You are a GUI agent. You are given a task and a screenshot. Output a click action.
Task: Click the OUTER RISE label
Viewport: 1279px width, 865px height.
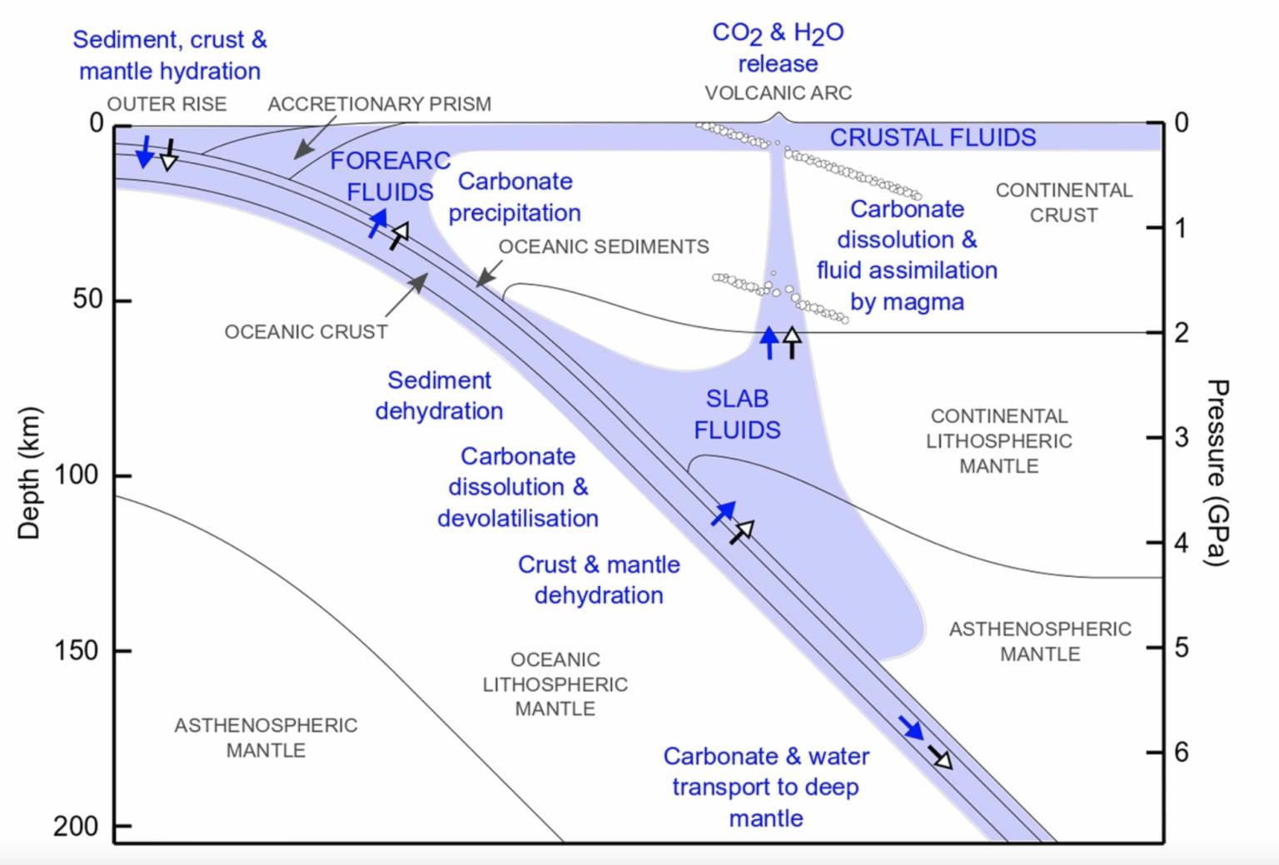[x=167, y=104]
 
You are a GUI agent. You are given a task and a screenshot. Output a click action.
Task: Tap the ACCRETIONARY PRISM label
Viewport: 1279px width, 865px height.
[x=379, y=104]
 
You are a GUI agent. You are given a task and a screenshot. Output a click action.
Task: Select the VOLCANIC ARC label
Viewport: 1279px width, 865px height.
[x=778, y=92]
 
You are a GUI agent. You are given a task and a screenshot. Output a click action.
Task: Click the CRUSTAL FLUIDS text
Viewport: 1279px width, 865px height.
[x=933, y=137]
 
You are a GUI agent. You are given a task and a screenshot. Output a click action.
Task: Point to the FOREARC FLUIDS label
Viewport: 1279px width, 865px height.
[x=390, y=176]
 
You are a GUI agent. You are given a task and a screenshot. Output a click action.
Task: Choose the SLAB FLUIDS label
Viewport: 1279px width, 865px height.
[x=737, y=415]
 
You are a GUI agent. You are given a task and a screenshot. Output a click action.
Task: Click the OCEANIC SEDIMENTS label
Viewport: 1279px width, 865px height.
[x=604, y=246]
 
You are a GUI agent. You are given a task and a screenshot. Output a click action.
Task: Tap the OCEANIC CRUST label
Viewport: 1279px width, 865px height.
[x=306, y=332]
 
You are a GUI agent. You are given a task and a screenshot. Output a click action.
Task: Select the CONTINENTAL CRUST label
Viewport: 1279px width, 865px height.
[x=1063, y=202]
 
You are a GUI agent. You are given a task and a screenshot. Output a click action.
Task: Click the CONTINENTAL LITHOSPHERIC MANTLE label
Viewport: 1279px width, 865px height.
[x=998, y=440]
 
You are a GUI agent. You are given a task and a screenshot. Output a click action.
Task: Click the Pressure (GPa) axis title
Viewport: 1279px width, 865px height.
[x=1217, y=472]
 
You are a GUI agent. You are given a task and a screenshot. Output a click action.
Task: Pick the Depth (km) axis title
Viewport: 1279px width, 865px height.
[x=29, y=472]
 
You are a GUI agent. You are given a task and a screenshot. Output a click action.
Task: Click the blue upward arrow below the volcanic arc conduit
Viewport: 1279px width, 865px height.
[x=769, y=342]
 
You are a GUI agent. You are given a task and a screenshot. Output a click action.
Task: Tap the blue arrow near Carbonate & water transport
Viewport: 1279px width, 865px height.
[x=912, y=728]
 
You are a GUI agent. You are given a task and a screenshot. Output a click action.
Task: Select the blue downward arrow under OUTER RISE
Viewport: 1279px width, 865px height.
[x=145, y=151]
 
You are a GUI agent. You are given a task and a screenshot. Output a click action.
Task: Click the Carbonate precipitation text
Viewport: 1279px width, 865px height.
[x=514, y=196]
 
